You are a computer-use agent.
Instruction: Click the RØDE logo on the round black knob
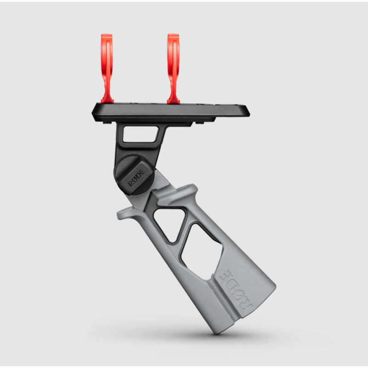(x=136, y=178)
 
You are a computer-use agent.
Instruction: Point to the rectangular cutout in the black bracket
(x=140, y=134)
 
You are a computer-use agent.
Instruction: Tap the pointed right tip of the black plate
(x=249, y=114)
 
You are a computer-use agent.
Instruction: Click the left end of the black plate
(x=92, y=113)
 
